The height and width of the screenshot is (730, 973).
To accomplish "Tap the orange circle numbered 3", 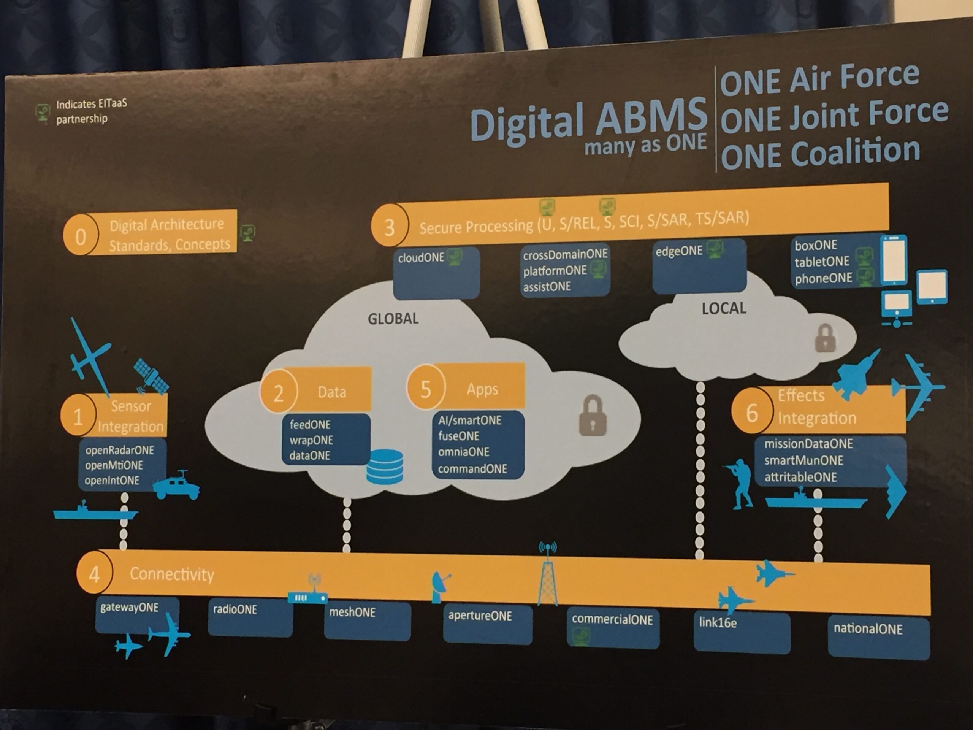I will [389, 227].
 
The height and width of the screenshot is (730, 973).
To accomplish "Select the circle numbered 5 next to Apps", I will [425, 389].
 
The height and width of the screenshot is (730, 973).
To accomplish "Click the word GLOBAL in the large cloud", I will [393, 319].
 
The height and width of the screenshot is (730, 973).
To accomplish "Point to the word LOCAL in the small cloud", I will [724, 308].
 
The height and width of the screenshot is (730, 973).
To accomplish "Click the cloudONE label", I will [421, 257].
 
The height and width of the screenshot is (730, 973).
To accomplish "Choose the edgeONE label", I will [679, 251].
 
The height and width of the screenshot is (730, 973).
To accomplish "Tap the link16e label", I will [718, 623].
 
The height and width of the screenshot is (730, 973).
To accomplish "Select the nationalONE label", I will [867, 629].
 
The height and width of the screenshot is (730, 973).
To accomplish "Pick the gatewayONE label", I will [129, 607].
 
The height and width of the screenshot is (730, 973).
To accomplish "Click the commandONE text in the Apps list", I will [472, 469].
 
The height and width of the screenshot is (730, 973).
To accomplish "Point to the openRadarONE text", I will [119, 450].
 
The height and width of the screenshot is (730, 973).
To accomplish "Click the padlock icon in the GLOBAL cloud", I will [592, 416].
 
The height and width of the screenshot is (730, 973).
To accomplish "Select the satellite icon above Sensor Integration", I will [151, 376].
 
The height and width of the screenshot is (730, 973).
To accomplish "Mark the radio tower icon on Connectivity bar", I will [548, 576].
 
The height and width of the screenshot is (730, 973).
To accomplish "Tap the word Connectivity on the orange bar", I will [171, 574].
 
